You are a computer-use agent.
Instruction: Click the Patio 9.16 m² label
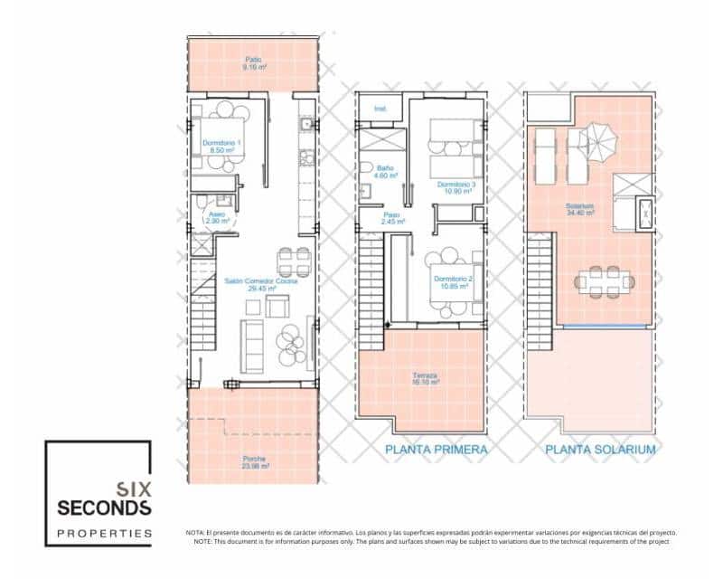[254, 64]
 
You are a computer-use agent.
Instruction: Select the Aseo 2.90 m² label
[218, 217]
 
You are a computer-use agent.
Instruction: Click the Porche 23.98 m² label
[254, 462]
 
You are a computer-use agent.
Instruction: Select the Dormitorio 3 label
[455, 188]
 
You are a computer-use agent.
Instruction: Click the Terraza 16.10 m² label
[425, 379]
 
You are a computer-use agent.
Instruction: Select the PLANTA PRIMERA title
[437, 450]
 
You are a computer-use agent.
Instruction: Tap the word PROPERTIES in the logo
[104, 533]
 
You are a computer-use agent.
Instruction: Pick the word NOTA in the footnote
[195, 533]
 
